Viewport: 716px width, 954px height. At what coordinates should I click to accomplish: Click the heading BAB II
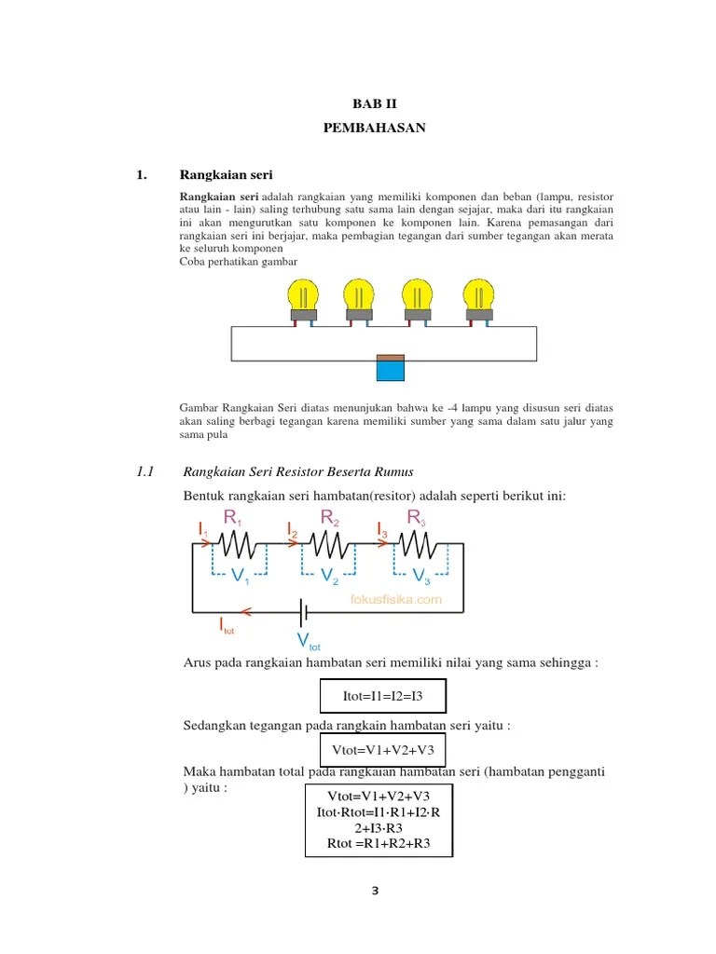pyautogui.click(x=374, y=104)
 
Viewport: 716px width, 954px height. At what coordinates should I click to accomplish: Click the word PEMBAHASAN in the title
pyautogui.click(x=374, y=129)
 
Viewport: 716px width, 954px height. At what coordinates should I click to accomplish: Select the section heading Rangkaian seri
pyautogui.click(x=226, y=175)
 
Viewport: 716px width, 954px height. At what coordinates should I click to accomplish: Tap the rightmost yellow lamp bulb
pyautogui.click(x=479, y=296)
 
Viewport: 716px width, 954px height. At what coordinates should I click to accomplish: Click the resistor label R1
pyautogui.click(x=232, y=519)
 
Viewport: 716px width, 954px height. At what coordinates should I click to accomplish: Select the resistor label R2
pyautogui.click(x=329, y=517)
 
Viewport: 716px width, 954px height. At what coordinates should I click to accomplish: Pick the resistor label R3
pyautogui.click(x=417, y=517)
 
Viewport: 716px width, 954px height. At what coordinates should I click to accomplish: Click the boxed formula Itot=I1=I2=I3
pyautogui.click(x=382, y=696)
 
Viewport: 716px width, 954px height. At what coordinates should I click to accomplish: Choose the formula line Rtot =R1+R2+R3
pyautogui.click(x=379, y=844)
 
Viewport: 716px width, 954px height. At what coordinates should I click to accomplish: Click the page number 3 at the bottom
pyautogui.click(x=375, y=891)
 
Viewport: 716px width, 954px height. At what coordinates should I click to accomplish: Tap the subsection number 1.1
pyautogui.click(x=144, y=472)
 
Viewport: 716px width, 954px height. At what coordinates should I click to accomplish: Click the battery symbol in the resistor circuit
pyautogui.click(x=303, y=611)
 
